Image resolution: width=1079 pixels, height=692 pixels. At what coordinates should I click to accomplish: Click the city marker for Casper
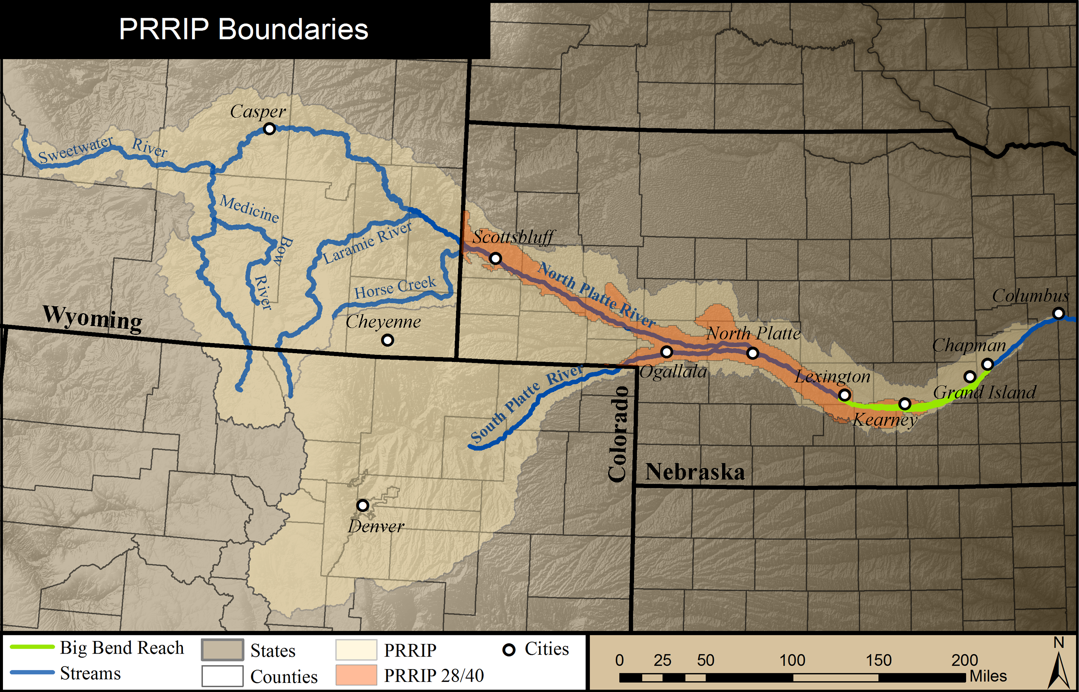tap(269, 129)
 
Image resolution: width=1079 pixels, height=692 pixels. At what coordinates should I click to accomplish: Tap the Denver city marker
tap(363, 505)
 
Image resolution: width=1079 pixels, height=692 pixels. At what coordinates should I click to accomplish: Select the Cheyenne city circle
tap(387, 340)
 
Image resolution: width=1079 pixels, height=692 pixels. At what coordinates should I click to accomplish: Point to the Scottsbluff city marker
tap(495, 258)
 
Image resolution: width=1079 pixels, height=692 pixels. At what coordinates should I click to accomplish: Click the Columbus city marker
tap(1059, 313)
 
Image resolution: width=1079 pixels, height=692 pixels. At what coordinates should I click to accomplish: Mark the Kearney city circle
tap(905, 404)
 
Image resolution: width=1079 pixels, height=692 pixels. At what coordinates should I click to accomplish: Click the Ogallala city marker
tap(667, 351)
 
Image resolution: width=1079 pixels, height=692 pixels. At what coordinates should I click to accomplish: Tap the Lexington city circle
tap(845, 395)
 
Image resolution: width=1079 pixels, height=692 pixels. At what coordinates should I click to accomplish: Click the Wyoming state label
tap(93, 319)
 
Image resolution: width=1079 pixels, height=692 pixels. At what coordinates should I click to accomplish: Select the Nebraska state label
tap(695, 472)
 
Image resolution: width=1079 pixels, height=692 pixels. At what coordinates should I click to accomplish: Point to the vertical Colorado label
tap(618, 434)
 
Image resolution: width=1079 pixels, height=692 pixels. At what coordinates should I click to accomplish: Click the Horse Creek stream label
tap(395, 288)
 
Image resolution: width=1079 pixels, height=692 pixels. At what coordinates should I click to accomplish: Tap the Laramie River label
tap(367, 242)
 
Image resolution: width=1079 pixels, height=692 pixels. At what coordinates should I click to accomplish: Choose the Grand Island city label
tap(984, 392)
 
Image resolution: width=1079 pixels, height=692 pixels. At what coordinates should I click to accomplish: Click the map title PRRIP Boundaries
tap(243, 29)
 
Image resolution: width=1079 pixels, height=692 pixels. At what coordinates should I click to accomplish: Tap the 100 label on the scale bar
tap(792, 660)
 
